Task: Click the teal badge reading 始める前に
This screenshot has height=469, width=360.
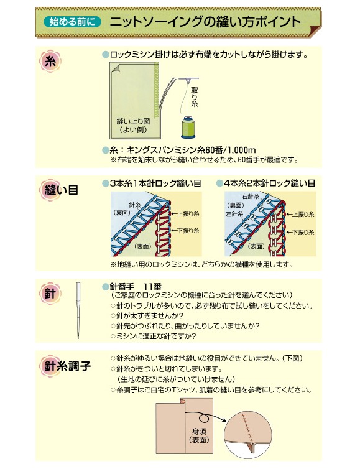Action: (72, 22)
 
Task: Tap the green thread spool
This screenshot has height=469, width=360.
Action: (188, 128)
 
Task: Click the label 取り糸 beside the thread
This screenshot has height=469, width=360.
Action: (195, 96)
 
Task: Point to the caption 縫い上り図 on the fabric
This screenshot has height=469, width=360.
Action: (133, 121)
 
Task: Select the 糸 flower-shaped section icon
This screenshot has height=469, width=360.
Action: (50, 61)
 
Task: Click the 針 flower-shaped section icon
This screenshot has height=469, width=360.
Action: (50, 294)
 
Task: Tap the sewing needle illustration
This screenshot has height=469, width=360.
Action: (78, 310)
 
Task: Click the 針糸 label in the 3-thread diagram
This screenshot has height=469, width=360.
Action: (134, 205)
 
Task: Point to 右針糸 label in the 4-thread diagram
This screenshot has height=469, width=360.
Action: (251, 197)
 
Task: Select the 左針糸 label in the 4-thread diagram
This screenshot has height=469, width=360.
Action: (234, 214)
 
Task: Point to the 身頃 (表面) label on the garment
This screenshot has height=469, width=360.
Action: (199, 435)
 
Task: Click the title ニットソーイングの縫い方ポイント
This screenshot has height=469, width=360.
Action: (205, 22)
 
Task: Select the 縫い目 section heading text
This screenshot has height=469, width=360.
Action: (62, 190)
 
